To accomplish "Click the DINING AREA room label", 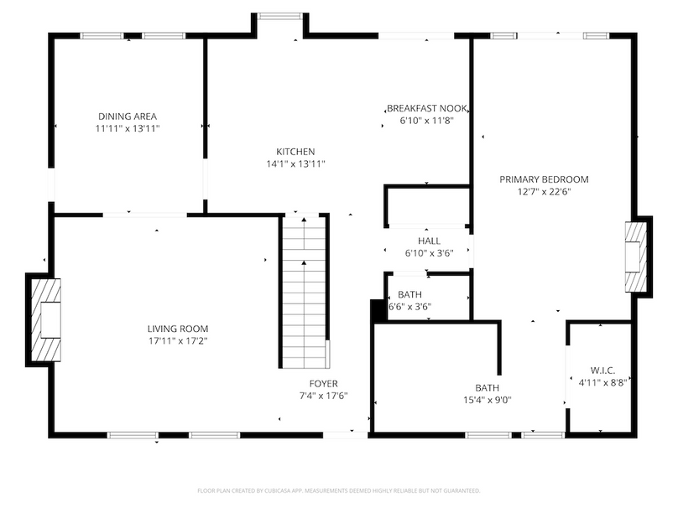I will tap(127, 117).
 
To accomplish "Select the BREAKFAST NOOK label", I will tap(426, 108).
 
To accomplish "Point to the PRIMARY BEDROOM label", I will tap(544, 179).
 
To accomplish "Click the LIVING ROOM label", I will tap(177, 329).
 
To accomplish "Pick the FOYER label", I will tap(323, 384).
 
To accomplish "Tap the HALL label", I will tap(429, 241).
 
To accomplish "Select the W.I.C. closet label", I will tap(602, 371).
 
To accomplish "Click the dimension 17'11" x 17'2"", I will tap(177, 341).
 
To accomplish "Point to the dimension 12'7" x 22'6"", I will tap(544, 192).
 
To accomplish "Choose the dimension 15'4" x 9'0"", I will tap(487, 400).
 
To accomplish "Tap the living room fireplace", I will tap(44, 319).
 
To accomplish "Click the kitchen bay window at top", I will tap(279, 16).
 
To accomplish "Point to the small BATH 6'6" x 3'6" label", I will tap(409, 294).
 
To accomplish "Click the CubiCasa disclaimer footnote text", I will tap(338, 490).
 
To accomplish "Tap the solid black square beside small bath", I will tap(378, 309).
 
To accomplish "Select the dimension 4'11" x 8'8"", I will tap(602, 383).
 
